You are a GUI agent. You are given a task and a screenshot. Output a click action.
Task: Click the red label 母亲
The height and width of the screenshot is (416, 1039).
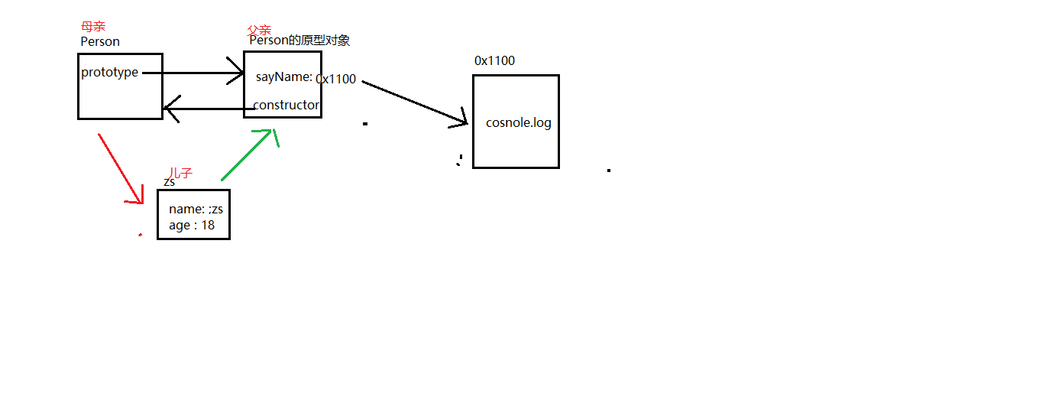click(x=93, y=27)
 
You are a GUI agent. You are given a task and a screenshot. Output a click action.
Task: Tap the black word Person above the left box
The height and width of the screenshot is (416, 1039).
click(x=100, y=41)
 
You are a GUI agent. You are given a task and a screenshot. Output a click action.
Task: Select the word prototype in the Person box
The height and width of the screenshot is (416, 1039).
click(x=109, y=72)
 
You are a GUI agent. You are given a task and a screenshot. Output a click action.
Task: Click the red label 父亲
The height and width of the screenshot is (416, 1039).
click(x=260, y=30)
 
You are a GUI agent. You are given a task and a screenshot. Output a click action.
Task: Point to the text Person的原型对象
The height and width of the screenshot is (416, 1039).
click(x=299, y=41)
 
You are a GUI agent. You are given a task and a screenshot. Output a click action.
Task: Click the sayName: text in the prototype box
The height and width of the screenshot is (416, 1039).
click(x=284, y=76)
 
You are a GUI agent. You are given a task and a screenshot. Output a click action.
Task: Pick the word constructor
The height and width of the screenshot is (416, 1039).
click(x=286, y=105)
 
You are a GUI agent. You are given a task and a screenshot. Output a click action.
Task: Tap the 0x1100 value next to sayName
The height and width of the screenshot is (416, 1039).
click(x=336, y=79)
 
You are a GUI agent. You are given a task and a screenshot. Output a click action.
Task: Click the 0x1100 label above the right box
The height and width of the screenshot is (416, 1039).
click(x=494, y=60)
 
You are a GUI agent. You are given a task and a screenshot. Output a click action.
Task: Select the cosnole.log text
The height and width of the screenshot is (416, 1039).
click(x=518, y=122)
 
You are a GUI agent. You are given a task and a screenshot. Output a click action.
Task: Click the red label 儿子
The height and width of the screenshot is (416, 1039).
click(x=181, y=174)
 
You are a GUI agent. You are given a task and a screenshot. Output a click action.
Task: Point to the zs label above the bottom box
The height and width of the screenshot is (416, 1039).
click(x=170, y=182)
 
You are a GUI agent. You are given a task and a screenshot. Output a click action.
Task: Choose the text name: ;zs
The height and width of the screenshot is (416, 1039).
click(x=196, y=209)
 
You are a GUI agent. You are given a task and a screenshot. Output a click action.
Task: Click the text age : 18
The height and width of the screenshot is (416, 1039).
click(x=192, y=225)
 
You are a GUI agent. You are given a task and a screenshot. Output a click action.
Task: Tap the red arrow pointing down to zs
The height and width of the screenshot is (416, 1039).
click(x=121, y=169)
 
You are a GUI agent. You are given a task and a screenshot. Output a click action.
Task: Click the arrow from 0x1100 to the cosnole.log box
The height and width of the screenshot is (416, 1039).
click(x=413, y=100)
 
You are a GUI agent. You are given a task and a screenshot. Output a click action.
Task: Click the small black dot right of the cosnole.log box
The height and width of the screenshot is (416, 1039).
click(x=609, y=170)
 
